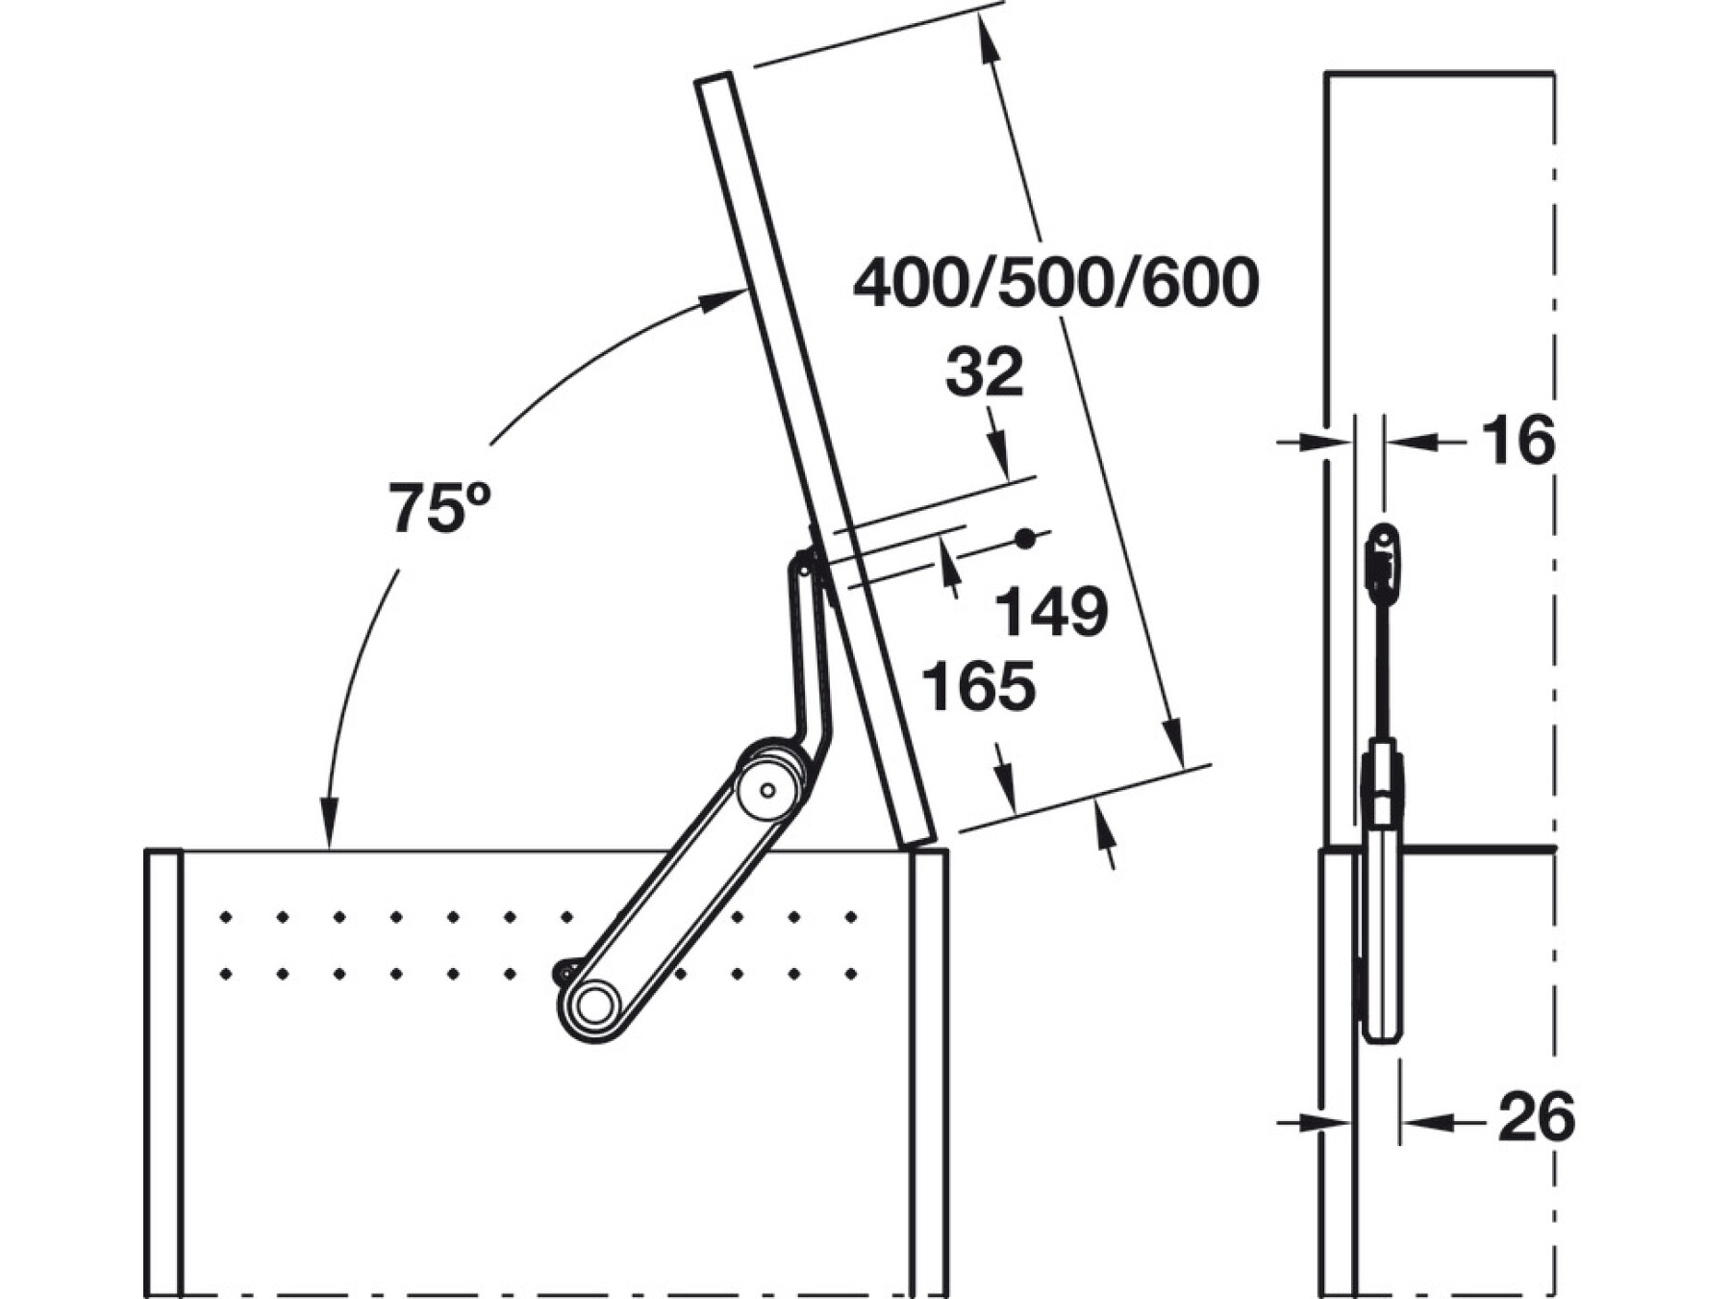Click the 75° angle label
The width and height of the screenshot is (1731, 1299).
click(439, 507)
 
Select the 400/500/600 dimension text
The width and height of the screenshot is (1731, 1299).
click(1056, 283)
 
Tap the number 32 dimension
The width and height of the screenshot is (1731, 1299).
click(984, 373)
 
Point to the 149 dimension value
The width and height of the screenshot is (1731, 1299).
click(1051, 611)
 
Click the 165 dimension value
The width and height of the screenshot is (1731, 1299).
click(979, 685)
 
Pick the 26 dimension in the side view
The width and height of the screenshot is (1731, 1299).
click(1536, 1117)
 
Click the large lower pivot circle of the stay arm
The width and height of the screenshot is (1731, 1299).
click(595, 1006)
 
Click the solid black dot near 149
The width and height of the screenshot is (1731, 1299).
click(1026, 539)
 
